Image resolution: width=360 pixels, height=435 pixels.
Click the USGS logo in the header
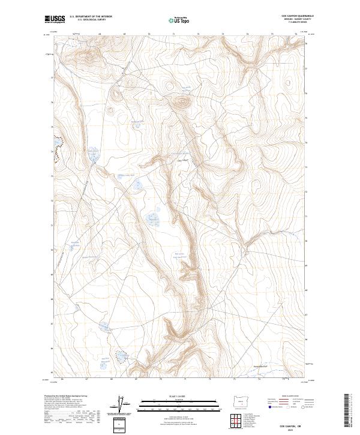point(55,20)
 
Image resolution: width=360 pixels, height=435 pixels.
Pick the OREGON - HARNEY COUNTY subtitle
point(296,20)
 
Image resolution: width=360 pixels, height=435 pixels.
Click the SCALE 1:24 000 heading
point(179,397)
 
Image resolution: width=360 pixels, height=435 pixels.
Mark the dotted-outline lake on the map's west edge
point(58,149)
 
